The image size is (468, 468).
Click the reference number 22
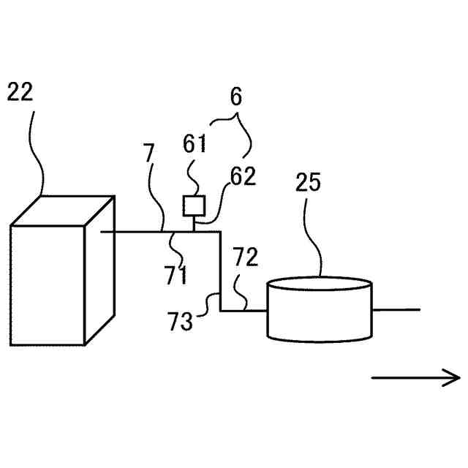tap(20, 92)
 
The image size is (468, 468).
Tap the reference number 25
tap(309, 183)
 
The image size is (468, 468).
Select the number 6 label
tap(235, 97)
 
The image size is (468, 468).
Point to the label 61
tap(195, 144)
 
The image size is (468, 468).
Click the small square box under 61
tap(193, 205)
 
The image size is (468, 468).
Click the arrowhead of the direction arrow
tap(453, 377)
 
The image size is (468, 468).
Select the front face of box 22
tap(48, 285)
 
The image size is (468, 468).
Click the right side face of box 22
tap(100, 271)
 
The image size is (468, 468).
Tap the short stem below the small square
tap(193, 224)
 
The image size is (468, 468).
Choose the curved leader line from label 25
tap(317, 234)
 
